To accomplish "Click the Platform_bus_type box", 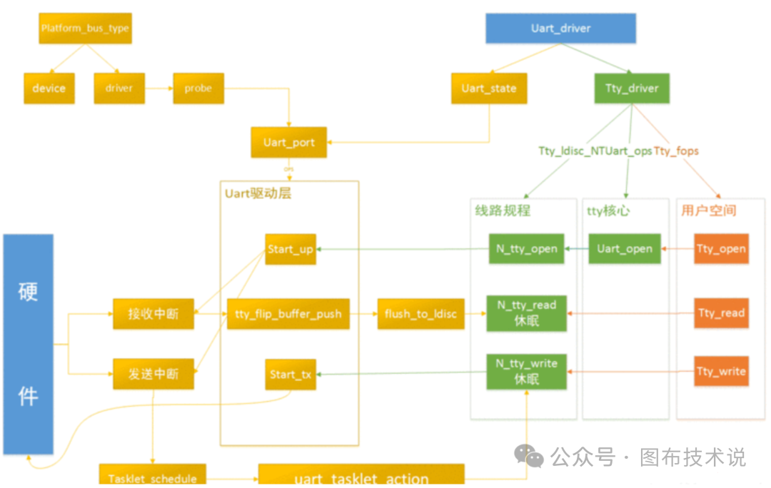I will tap(85, 29).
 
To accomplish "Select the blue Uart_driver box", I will tap(560, 29).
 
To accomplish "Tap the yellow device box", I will tap(49, 88).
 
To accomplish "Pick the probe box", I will tap(198, 88).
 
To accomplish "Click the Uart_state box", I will tap(488, 88).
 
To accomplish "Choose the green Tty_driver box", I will tap(632, 88).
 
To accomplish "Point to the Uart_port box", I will tap(288, 143).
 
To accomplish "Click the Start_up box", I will tap(290, 249).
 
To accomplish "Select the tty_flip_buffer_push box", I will tap(288, 314).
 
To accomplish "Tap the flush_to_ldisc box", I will tap(420, 314).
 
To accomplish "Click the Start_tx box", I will tap(290, 375).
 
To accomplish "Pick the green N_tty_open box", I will tap(526, 249).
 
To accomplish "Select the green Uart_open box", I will tap(624, 249).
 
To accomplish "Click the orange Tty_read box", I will tap(721, 313).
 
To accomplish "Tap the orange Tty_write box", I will tap(721, 372).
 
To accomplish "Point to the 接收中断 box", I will tap(153, 314).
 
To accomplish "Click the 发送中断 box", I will tap(153, 374).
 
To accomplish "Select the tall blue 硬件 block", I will tap(28, 344).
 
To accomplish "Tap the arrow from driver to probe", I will tap(158, 89).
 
